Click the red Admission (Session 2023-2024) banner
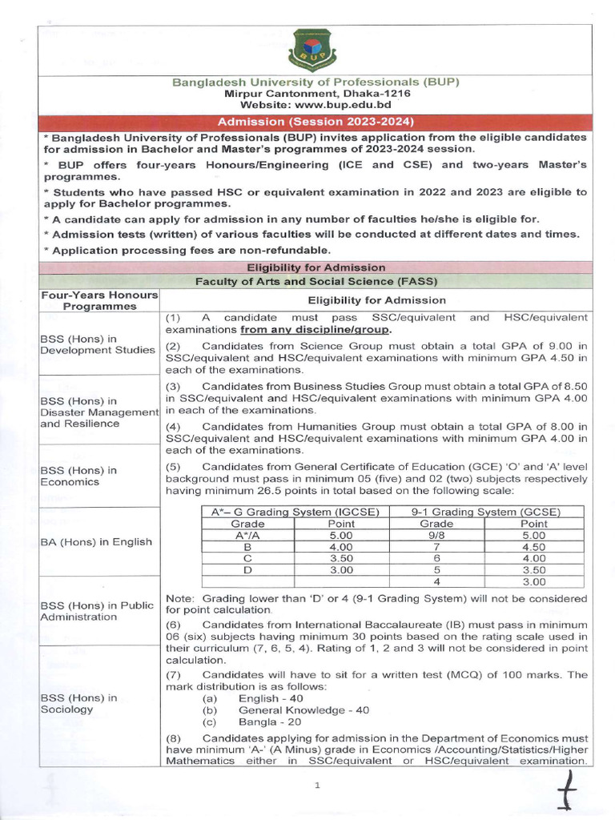point(318,122)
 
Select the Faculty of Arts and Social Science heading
point(318,281)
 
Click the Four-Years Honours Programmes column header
point(99,300)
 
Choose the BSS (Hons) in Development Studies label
point(98,344)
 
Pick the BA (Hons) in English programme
point(96,542)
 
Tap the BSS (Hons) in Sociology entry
point(78,703)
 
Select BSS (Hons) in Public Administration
point(96,611)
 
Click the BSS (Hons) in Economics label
point(78,476)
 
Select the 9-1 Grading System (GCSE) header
point(485,512)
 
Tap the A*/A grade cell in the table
point(247,535)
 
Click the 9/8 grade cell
point(436,535)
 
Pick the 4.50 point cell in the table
point(534,547)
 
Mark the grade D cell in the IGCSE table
point(247,570)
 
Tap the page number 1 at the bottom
point(317,786)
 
